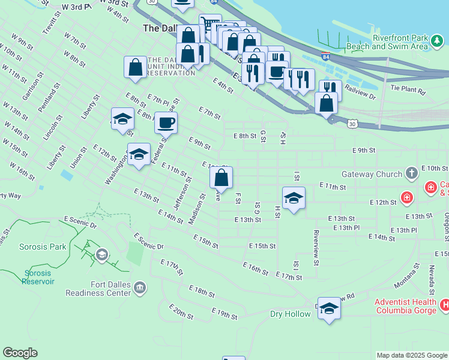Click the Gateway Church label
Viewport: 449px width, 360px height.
(372, 174)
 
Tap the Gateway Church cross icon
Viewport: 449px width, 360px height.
(411, 174)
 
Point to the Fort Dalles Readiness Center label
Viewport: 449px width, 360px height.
(98, 289)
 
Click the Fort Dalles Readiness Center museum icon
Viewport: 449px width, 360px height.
(140, 289)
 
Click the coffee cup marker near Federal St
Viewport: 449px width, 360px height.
(166, 124)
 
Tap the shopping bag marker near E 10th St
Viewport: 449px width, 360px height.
(221, 178)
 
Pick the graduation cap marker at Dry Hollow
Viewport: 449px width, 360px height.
(329, 309)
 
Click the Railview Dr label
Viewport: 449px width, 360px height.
(360, 92)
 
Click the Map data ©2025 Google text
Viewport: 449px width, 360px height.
(411, 355)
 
